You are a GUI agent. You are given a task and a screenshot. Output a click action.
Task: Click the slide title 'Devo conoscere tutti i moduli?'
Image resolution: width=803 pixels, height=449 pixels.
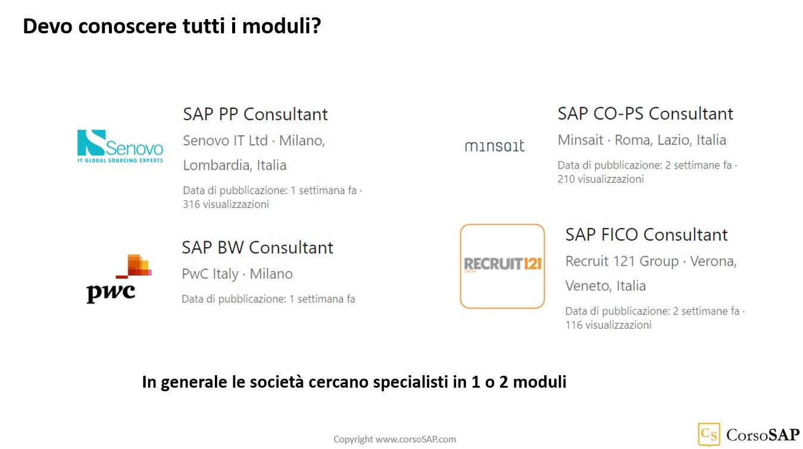click(171, 26)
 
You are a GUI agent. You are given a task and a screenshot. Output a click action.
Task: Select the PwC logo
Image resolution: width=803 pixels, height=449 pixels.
click(118, 279)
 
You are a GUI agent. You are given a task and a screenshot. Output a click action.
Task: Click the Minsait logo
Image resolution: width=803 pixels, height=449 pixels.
click(494, 146)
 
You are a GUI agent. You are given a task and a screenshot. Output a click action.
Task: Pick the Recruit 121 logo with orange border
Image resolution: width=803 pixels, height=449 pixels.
click(502, 266)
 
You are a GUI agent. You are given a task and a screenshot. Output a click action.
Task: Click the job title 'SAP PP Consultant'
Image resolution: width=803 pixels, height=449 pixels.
click(255, 114)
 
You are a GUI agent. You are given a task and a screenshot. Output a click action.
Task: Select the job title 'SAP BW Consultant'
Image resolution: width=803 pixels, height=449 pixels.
click(257, 248)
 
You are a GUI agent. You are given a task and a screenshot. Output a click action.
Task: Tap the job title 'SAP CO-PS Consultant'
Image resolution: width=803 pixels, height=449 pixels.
click(645, 114)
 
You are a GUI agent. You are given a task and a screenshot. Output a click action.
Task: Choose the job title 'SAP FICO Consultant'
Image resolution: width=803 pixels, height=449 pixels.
click(646, 235)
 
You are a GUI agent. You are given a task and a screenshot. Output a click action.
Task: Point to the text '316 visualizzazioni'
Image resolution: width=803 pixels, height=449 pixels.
click(226, 204)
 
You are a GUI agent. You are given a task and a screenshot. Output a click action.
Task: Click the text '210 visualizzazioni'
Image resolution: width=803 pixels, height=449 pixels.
click(600, 179)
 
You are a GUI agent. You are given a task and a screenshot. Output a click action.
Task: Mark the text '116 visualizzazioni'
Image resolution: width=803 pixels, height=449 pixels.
click(608, 325)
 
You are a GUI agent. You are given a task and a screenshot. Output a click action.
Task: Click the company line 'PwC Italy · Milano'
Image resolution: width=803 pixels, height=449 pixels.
click(237, 274)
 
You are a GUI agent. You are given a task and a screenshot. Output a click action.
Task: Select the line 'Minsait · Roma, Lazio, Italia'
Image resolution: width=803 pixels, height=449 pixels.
click(642, 140)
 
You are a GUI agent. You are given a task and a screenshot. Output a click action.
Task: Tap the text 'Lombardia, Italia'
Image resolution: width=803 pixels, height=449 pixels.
click(235, 165)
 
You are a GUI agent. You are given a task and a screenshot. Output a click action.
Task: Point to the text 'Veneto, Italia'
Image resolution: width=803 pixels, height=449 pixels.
click(605, 286)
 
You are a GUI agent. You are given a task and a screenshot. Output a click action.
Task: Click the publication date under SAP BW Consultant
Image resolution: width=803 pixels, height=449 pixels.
click(268, 299)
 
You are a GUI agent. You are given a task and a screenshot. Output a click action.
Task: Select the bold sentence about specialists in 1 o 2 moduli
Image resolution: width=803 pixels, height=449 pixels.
click(354, 382)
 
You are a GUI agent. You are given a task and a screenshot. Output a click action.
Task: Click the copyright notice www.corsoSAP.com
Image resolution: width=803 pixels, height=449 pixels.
click(395, 439)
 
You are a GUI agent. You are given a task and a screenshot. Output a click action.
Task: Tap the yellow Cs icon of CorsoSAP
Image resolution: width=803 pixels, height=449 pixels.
click(708, 434)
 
